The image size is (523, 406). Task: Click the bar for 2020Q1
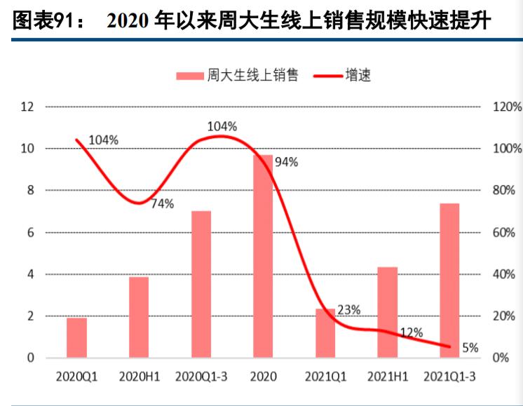point(76,338)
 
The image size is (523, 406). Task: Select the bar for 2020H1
point(139,317)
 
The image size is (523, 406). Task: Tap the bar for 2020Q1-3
point(201,284)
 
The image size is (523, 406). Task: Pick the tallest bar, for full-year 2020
point(263,256)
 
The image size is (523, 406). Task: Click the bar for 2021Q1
point(325,333)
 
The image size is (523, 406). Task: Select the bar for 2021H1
point(387,312)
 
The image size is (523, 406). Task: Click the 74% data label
point(163,204)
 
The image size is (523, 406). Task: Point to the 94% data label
point(287,162)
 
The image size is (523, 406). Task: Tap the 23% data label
point(349,309)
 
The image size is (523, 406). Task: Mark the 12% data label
point(411,332)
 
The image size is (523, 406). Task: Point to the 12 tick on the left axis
point(27,107)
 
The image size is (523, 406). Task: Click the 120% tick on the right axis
point(506,107)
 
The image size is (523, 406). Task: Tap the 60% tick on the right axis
point(506,233)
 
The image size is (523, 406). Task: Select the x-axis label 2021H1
point(387,377)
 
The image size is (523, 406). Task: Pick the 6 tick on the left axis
point(30,232)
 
